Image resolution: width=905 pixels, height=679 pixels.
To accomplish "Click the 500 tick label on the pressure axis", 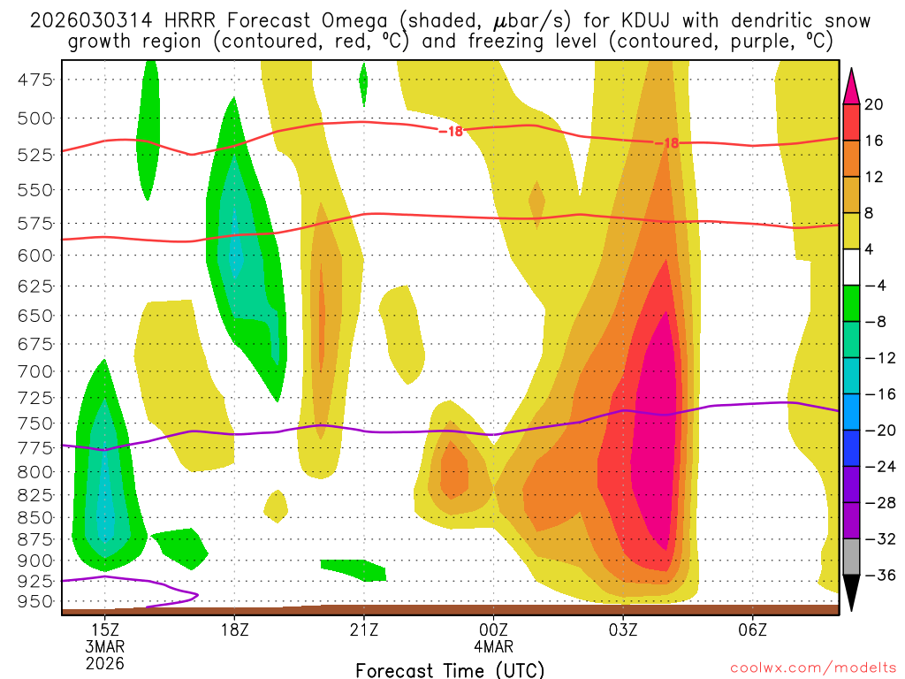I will tap(35, 118).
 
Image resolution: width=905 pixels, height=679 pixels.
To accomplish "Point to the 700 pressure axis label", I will tap(35, 370).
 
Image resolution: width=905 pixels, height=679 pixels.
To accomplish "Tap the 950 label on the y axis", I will tap(35, 601).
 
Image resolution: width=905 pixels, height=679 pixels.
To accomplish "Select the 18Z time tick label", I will tap(234, 629).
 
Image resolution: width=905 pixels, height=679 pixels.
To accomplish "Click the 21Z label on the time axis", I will tap(363, 629).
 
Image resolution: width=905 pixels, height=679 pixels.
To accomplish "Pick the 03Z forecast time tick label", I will tap(623, 629).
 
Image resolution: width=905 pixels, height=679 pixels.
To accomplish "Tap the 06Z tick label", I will tap(752, 629).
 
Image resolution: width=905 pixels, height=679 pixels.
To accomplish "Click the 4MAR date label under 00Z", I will tap(493, 646).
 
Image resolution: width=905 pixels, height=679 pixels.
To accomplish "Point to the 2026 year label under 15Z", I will tap(105, 663).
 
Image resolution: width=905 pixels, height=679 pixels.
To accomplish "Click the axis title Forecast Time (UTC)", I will tap(450, 670).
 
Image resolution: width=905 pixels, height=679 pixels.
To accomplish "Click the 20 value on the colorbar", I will tap(874, 104).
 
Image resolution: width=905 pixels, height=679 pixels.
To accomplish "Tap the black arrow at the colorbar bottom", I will tap(852, 594).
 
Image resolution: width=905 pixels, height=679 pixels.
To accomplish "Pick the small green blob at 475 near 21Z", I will tap(363, 81).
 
